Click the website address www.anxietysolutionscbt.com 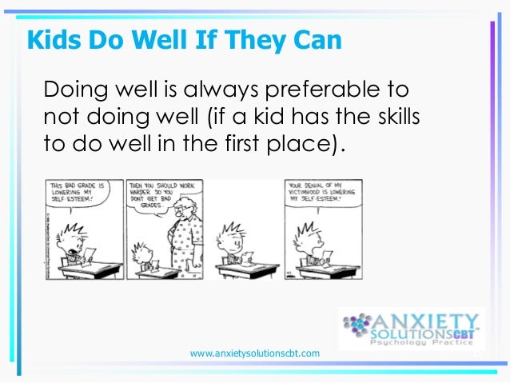pos(255,353)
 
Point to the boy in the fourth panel pos(305,244)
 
